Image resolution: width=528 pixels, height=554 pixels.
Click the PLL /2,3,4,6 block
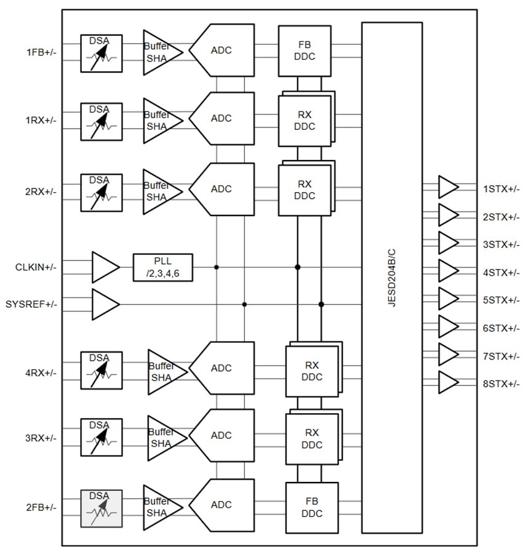pos(162,268)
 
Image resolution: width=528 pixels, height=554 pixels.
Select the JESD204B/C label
pos(392,277)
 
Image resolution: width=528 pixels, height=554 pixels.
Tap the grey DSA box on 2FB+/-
pos(102,508)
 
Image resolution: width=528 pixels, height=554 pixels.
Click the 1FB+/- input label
pos(41,53)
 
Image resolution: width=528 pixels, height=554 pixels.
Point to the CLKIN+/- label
pos(36,268)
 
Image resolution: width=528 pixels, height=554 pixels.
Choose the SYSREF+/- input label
pos(31,304)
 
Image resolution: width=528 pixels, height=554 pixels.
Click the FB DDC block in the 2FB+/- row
pos(312,508)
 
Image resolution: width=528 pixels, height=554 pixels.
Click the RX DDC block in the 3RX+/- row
pos(312,439)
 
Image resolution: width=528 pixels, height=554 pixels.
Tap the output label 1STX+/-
pos(501,189)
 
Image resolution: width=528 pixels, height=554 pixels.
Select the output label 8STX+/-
pos(501,384)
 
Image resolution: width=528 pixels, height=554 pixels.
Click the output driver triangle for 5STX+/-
pos(447,299)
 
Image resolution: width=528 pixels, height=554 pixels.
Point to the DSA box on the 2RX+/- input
pos(102,192)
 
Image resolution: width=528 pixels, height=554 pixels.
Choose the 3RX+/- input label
pos(41,438)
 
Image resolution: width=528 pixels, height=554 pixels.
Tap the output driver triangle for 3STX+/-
pos(447,243)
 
